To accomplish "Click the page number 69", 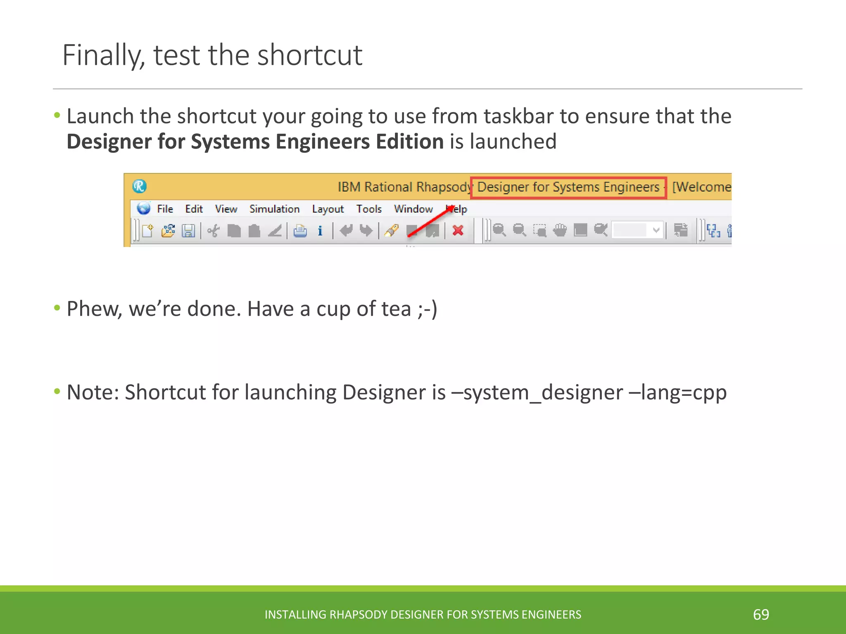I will [761, 615].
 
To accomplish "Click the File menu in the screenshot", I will [165, 209].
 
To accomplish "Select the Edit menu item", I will [194, 209].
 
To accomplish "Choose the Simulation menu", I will [274, 209].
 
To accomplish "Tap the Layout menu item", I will [328, 209].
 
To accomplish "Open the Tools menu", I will [369, 209].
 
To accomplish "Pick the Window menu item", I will [413, 209].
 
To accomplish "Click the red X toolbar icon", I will [458, 230].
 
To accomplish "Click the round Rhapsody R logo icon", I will [140, 187].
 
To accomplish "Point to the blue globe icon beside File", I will [144, 208].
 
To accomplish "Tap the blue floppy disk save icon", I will [188, 230].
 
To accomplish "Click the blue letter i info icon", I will [320, 230].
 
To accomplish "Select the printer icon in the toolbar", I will [300, 230].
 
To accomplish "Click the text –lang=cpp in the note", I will [677, 392].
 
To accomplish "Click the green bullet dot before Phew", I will [57, 308].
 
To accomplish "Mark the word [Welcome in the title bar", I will [701, 187].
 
